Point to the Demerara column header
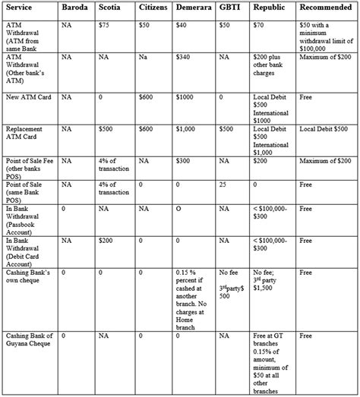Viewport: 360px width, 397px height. [x=193, y=8]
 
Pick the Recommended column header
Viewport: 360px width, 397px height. [x=325, y=8]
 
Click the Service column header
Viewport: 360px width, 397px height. [x=20, y=8]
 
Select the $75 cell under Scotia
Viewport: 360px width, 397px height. [x=106, y=26]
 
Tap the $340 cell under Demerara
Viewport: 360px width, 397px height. [x=183, y=57]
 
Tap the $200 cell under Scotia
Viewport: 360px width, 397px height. [x=106, y=240]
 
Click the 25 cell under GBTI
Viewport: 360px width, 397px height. [x=223, y=184]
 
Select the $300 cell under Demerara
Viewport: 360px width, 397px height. [x=183, y=161]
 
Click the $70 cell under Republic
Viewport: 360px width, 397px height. [x=260, y=26]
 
